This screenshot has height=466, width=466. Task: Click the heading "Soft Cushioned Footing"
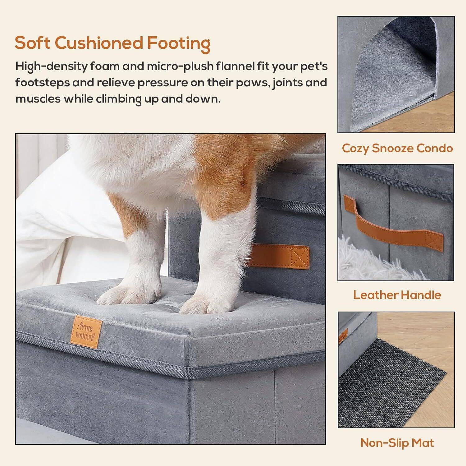click(112, 43)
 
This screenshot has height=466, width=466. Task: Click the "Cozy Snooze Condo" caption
click(397, 148)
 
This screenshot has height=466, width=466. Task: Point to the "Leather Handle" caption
click(397, 295)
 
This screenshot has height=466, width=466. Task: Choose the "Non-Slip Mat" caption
click(397, 443)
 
